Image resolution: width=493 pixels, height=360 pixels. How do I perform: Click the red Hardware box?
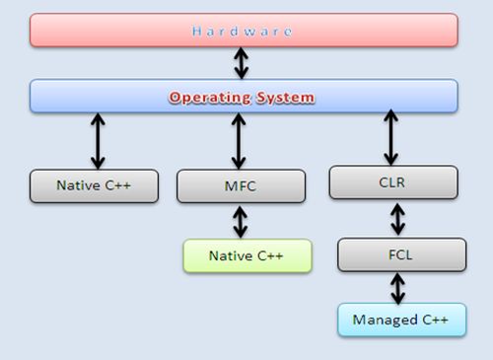[244, 31]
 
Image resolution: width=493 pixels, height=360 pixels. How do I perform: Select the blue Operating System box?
[244, 97]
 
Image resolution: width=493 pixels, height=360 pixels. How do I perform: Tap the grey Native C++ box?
[95, 185]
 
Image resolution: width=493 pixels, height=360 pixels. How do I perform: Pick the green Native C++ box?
[246, 255]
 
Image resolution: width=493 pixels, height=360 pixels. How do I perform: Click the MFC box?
[240, 185]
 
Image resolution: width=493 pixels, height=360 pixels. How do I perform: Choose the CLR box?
[392, 181]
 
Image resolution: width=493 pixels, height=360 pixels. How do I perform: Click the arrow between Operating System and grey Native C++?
[97, 141]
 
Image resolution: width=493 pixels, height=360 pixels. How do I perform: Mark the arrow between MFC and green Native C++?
[240, 221]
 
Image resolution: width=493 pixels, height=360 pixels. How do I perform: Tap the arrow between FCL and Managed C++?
[396, 287]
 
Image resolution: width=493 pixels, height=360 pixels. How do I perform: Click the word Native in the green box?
[229, 256]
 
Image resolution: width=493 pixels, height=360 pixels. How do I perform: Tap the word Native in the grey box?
[77, 185]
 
